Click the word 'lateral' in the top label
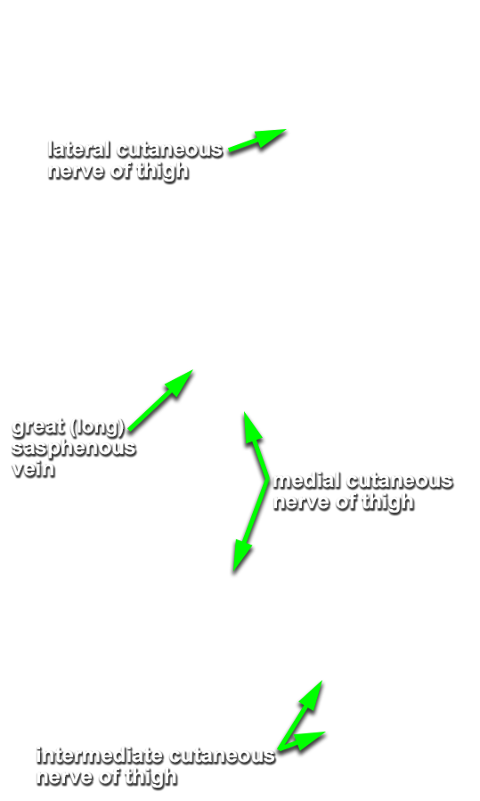click(79, 150)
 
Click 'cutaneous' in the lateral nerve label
click(170, 150)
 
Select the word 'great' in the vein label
click(38, 427)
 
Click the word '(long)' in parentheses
click(97, 427)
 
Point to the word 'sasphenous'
click(74, 449)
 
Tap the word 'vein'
click(33, 469)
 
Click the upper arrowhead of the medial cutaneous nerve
click(251, 425)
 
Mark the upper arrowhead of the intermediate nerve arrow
click(312, 694)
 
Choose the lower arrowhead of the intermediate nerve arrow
click(309, 740)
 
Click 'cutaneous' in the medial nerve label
click(399, 481)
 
